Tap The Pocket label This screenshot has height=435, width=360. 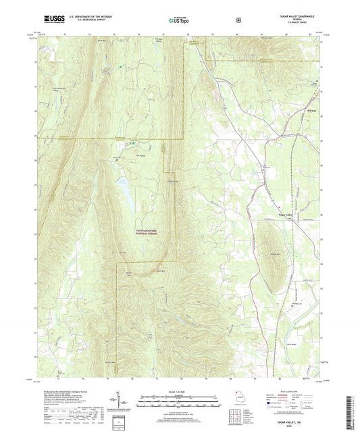point(141,154)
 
